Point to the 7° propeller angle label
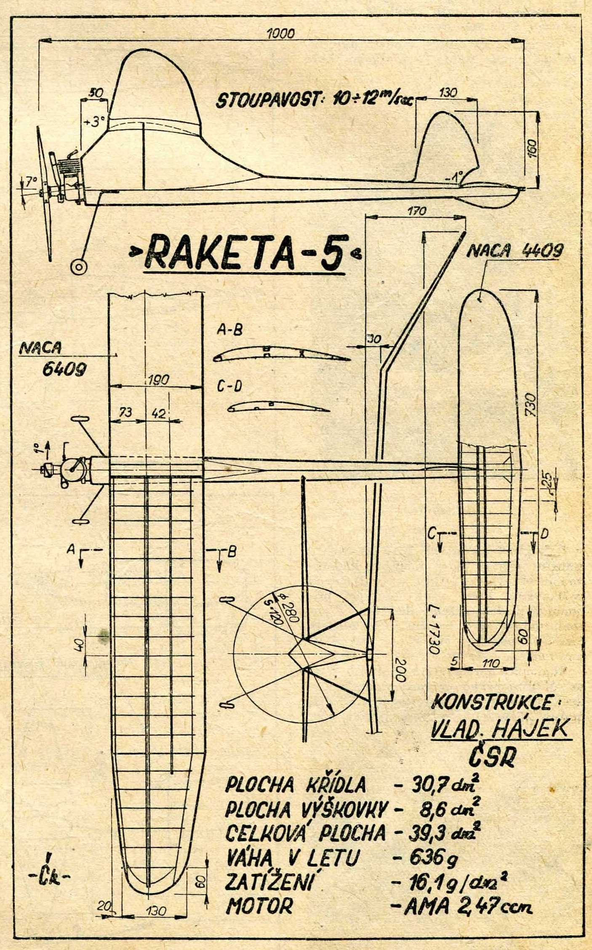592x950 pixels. pos(30,182)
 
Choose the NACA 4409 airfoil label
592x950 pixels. pos(515,252)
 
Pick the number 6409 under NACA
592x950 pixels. pos(65,369)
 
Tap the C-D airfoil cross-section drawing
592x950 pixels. pos(278,407)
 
